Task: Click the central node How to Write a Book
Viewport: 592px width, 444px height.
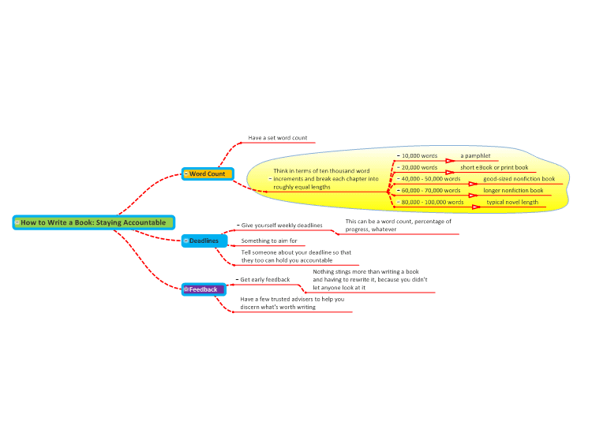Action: point(94,222)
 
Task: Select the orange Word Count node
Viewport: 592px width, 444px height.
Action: point(208,174)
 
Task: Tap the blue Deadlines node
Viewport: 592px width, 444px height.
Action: point(204,241)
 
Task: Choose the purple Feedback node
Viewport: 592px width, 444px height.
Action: point(204,289)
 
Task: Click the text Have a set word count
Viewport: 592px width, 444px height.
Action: point(278,138)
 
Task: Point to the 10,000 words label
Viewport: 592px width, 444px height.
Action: point(419,156)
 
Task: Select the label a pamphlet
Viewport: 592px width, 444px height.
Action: point(475,156)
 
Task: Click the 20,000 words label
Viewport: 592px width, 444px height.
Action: point(419,167)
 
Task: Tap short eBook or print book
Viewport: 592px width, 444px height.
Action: point(494,167)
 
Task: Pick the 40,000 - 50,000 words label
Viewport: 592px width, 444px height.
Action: point(431,179)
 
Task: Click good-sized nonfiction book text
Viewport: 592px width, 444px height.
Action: point(519,179)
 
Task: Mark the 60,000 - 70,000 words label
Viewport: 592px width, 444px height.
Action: point(431,191)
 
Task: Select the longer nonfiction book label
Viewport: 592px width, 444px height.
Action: point(513,191)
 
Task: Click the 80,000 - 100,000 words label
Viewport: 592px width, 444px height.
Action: point(433,202)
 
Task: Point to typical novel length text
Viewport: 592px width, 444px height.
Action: point(512,202)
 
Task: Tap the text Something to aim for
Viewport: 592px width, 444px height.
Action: point(269,241)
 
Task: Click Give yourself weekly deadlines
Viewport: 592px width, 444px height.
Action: point(282,226)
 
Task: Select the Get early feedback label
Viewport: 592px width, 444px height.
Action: point(265,279)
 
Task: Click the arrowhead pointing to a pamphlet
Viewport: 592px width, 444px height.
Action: point(450,161)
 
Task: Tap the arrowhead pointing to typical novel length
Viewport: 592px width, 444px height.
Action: point(477,207)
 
